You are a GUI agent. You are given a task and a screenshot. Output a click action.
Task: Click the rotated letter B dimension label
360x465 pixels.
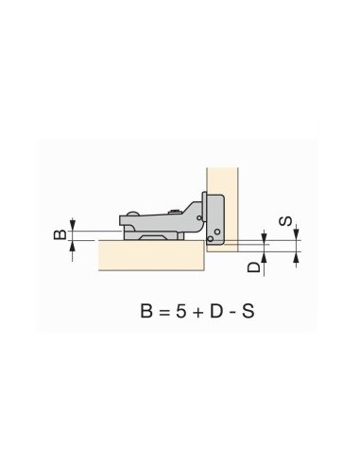[x=60, y=234]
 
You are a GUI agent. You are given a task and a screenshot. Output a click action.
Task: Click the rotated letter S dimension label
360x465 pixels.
[x=285, y=221]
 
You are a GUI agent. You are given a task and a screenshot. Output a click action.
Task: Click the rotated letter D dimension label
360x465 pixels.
[x=254, y=267]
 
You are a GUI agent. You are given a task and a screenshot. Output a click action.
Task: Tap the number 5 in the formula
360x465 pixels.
[x=181, y=312]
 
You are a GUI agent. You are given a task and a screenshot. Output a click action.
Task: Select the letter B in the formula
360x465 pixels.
[x=146, y=312]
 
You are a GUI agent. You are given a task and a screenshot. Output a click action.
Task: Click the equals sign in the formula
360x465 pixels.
[x=164, y=313]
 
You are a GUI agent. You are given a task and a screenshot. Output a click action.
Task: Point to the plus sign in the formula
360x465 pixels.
[x=197, y=313]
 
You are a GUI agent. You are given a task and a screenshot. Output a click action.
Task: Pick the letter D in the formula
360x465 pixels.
[x=216, y=312]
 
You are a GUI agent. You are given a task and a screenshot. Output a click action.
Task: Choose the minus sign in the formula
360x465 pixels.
[x=232, y=314]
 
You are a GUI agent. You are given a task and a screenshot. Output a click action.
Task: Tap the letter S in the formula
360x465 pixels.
[x=248, y=312]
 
